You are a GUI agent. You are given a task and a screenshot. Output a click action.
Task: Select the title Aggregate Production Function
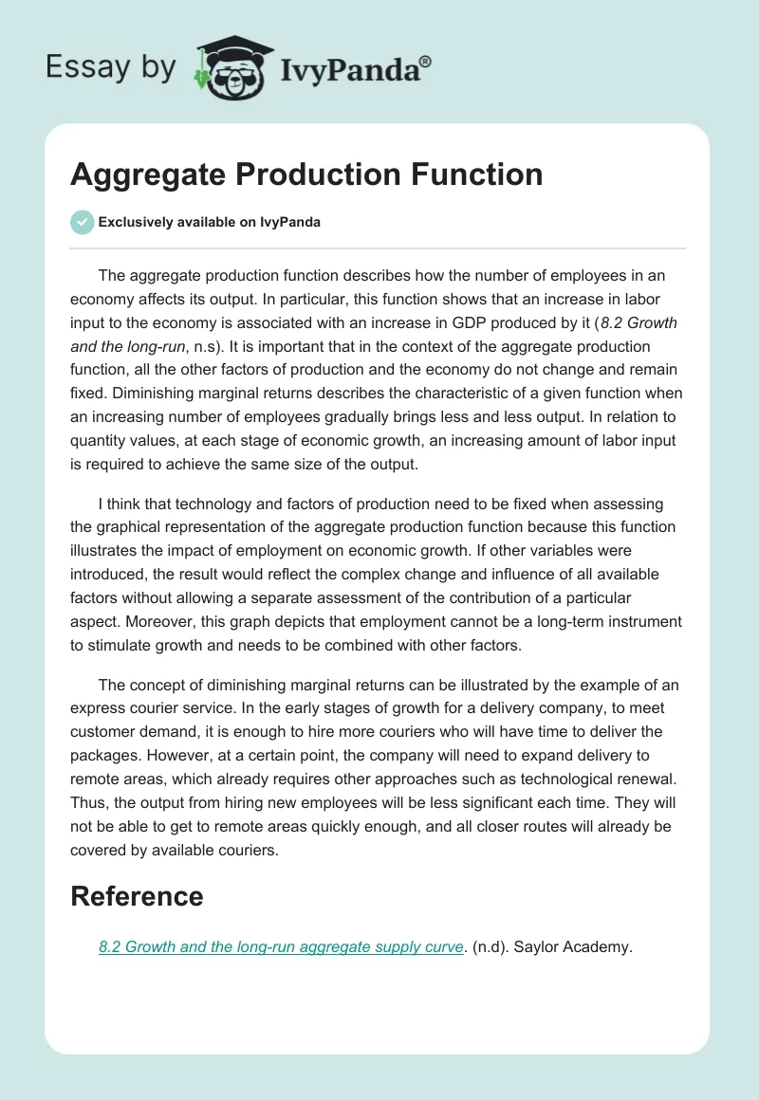click(x=306, y=174)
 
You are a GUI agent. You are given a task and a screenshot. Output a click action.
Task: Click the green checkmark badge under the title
click(x=82, y=222)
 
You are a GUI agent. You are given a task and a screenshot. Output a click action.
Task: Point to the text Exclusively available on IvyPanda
click(x=210, y=223)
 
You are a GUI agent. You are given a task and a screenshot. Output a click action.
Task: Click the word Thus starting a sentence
click(x=87, y=803)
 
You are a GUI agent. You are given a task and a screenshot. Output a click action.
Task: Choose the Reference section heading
click(x=137, y=896)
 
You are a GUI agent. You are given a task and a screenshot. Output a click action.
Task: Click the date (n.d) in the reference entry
click(x=490, y=946)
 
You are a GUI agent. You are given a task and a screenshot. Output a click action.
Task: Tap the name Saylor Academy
click(x=572, y=946)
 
